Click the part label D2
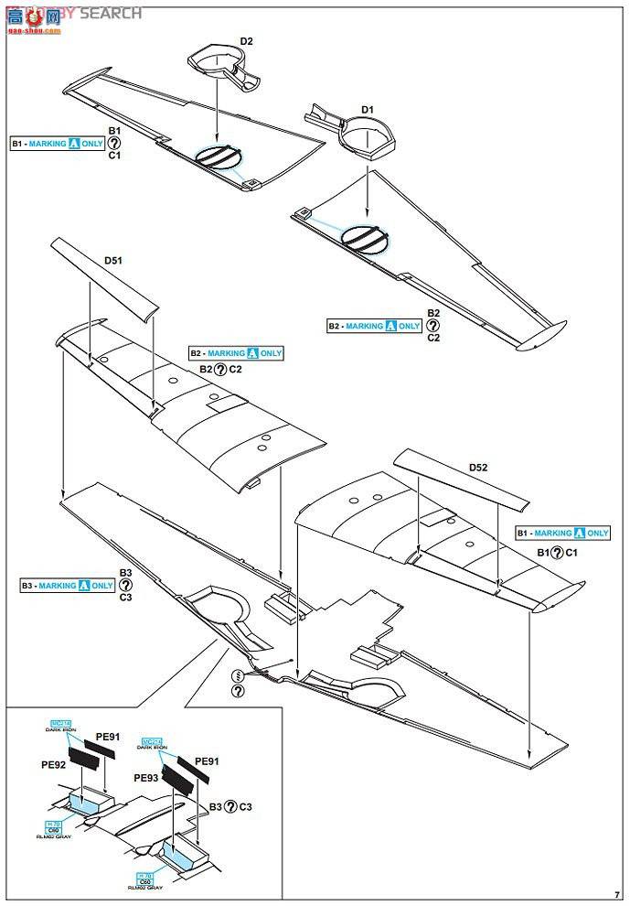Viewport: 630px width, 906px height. point(246,41)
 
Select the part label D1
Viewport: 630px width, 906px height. point(367,110)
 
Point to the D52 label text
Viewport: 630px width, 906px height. point(477,468)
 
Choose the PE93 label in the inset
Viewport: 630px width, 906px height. point(146,778)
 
